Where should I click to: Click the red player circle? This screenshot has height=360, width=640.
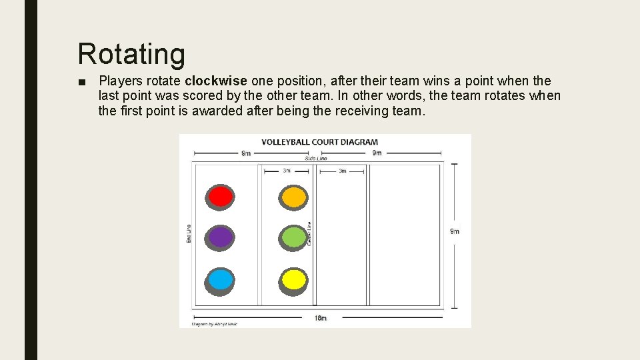click(x=220, y=197)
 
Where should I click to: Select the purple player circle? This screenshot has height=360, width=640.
click(x=220, y=237)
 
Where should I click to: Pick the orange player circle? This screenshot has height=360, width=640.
click(x=293, y=197)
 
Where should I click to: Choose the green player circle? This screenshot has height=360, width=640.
click(x=293, y=237)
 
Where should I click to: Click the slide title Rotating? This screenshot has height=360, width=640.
click(x=131, y=54)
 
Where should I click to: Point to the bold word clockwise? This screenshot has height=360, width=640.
click(x=216, y=81)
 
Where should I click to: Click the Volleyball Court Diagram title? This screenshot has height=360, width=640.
click(x=319, y=142)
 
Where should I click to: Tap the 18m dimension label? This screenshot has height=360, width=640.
click(x=321, y=318)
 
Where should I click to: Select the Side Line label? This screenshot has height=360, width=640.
click(x=315, y=159)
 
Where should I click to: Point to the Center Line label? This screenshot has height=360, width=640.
click(x=310, y=233)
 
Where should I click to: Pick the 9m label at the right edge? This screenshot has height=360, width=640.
click(x=455, y=231)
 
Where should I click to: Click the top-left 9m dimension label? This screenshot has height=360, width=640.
click(x=246, y=153)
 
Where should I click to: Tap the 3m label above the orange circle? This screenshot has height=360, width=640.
click(x=286, y=171)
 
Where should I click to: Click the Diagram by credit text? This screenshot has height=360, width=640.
click(x=215, y=324)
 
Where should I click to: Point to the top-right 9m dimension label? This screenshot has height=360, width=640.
click(x=377, y=153)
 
